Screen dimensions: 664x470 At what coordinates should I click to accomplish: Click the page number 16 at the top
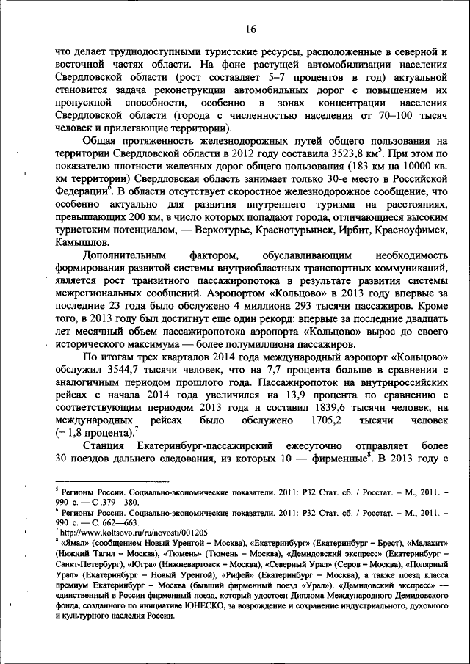point(250,29)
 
